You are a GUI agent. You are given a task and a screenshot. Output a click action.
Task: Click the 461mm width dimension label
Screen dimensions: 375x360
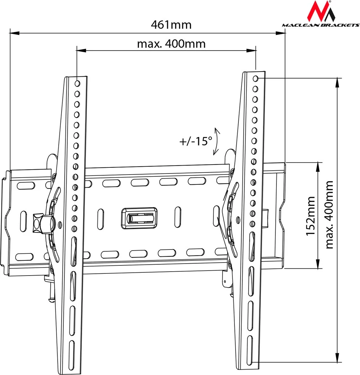tap(171, 25)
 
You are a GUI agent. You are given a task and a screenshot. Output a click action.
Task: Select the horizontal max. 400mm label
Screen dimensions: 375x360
tap(171, 44)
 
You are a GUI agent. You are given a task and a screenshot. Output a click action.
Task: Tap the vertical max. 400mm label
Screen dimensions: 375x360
tap(329, 215)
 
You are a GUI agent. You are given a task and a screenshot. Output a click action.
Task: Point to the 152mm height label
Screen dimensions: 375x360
tap(310, 216)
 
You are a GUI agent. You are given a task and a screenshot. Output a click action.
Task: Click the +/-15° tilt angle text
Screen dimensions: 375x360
tap(196, 141)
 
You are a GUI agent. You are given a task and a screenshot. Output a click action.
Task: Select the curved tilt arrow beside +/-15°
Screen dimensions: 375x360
tap(217, 141)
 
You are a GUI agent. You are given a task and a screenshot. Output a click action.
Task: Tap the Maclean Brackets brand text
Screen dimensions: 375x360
tap(321, 25)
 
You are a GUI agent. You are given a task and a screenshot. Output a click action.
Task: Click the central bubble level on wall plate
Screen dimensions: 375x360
tap(139, 218)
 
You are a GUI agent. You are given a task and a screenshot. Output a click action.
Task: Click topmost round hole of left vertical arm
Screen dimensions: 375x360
tap(77, 83)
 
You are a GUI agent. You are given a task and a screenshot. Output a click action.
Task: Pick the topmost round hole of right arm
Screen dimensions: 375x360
tap(256, 78)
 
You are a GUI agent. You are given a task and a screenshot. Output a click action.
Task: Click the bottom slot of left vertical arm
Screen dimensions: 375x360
tap(71, 349)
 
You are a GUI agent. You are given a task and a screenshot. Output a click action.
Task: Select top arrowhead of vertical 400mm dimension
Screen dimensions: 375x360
tap(337, 82)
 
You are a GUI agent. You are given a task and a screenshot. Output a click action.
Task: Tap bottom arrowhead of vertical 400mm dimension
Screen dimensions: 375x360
tap(337, 358)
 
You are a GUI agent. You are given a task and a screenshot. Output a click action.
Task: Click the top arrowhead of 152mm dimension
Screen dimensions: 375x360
tap(318, 166)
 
